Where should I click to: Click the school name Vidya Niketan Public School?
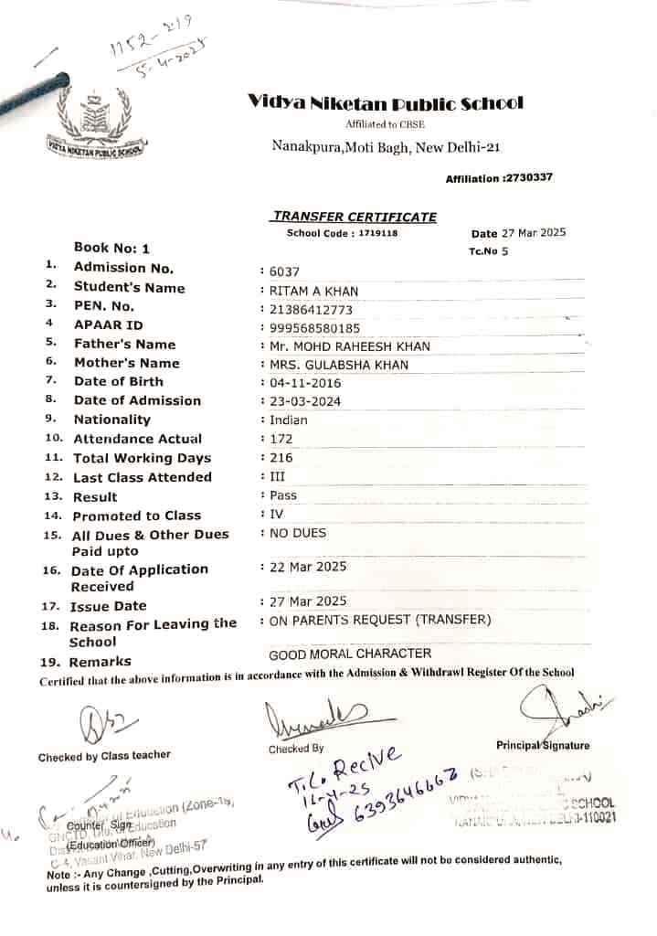(385, 102)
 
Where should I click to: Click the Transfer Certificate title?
(354, 217)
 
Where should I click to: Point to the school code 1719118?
(377, 234)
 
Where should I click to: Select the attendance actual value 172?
(281, 440)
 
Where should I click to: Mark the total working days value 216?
(281, 458)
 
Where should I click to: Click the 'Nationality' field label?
(111, 420)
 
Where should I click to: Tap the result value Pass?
(283, 495)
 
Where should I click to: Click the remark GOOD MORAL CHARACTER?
(350, 654)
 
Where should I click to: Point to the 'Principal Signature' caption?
(543, 746)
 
